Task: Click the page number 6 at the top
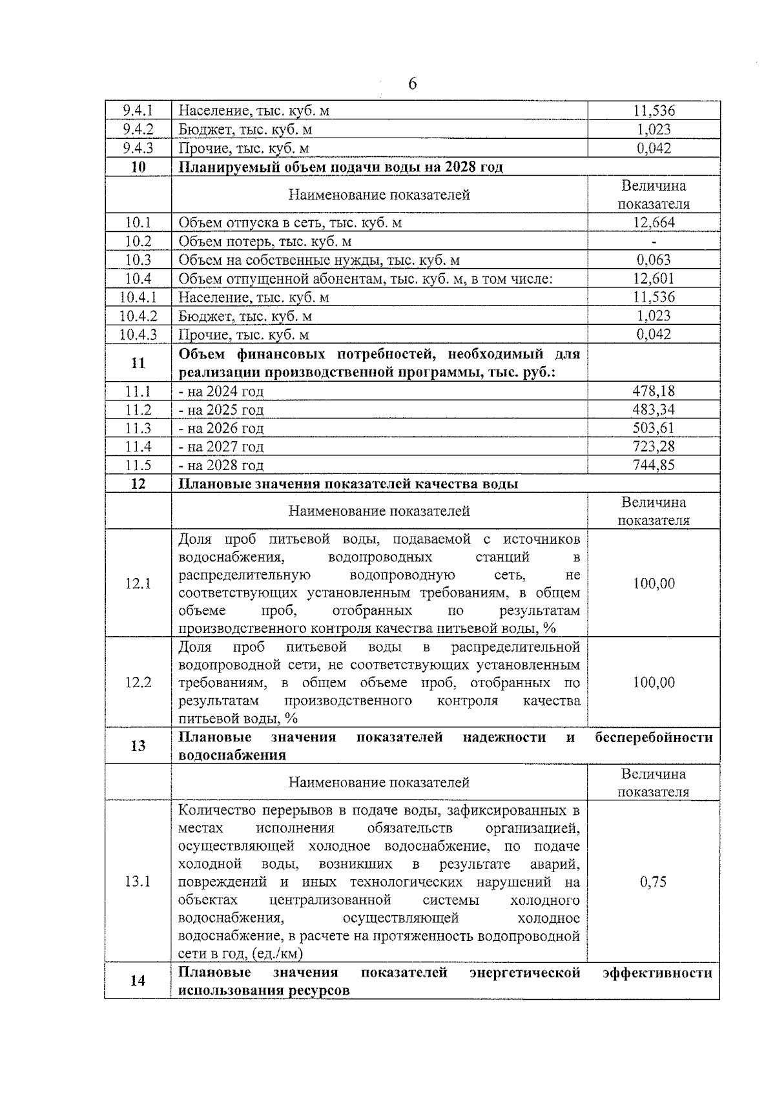click(x=412, y=85)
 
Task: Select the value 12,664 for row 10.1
click(x=654, y=223)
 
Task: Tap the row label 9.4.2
click(x=138, y=130)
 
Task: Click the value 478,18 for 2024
click(x=654, y=391)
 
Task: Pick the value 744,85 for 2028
click(x=654, y=466)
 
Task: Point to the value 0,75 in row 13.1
click(x=654, y=882)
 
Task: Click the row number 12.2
click(x=138, y=683)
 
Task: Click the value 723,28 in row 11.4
click(x=654, y=447)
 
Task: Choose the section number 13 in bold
click(x=138, y=746)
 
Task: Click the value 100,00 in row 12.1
click(x=654, y=584)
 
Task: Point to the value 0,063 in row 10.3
click(x=654, y=260)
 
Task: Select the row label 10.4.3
click(x=138, y=335)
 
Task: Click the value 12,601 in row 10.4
click(x=654, y=279)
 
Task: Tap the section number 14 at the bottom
click(x=138, y=981)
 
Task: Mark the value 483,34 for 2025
click(x=654, y=410)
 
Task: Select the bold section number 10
click(x=138, y=167)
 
